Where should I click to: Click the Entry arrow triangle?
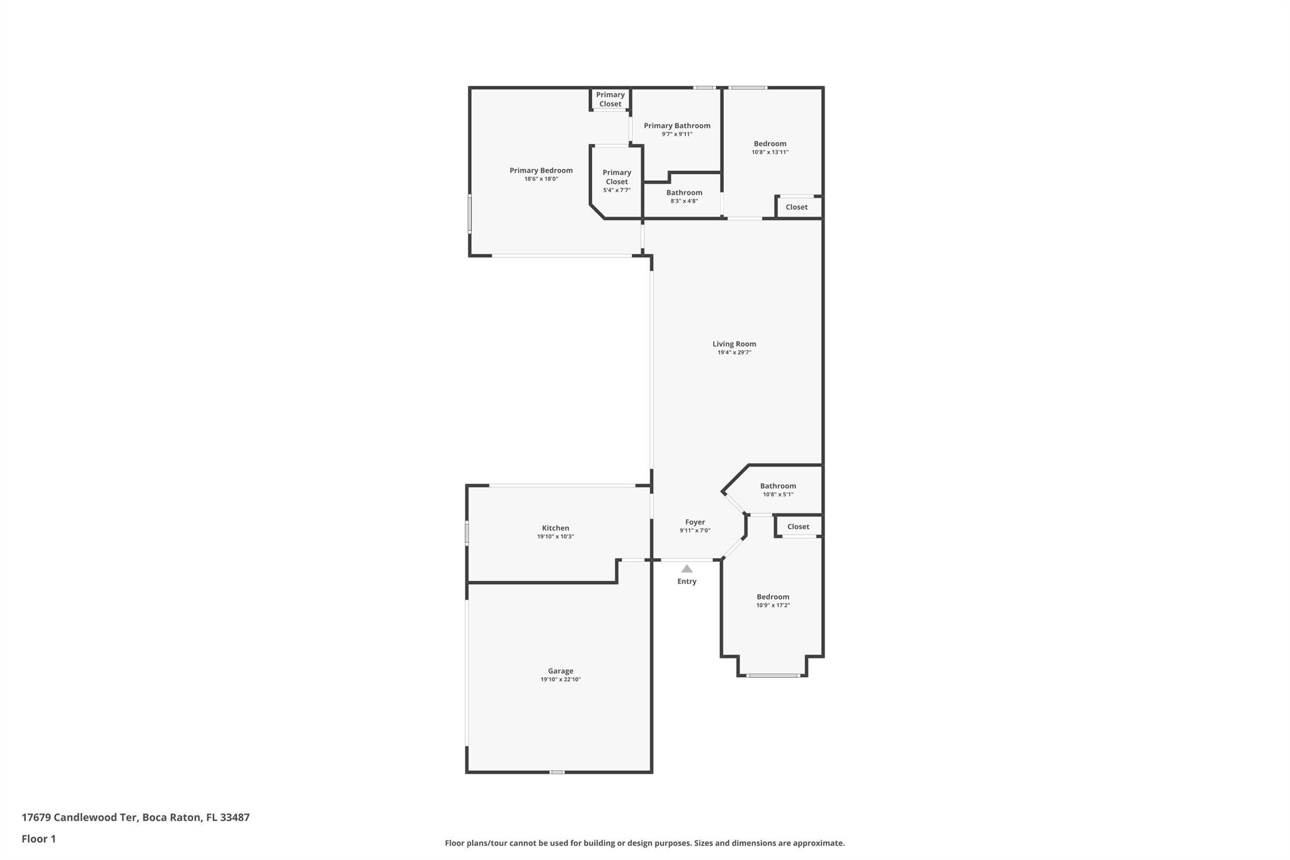687,569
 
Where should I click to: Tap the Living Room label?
734,344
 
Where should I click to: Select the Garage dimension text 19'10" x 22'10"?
560,680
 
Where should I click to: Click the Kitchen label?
555,528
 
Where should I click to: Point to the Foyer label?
695,522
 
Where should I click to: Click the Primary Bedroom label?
540,171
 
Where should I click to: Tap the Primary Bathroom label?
676,126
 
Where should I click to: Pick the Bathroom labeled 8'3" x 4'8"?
684,193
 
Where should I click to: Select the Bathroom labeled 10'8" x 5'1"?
778,486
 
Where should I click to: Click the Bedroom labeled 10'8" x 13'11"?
770,144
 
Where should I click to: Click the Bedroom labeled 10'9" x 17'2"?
773,597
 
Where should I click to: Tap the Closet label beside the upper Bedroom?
796,207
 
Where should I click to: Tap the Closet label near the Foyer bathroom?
797,527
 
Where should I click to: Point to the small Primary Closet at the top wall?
610,100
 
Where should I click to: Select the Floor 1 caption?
38,839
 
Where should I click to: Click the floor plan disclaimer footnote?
644,843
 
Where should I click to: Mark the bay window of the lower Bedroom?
773,675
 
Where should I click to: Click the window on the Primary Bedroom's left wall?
469,214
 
